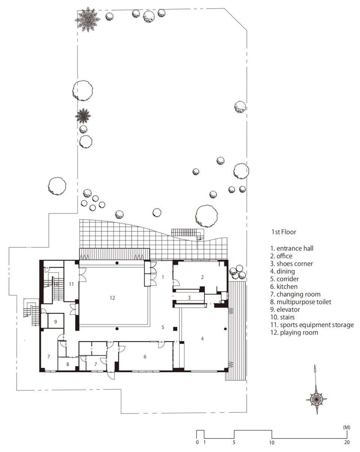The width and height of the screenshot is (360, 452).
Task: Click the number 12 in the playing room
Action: pyautogui.click(x=112, y=298)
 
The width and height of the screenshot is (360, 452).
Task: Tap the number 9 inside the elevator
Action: pyautogui.click(x=55, y=322)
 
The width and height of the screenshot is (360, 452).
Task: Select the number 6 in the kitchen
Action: pyautogui.click(x=145, y=356)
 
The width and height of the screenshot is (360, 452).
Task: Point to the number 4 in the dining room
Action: pyautogui.click(x=202, y=338)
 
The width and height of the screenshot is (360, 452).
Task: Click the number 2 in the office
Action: pyautogui.click(x=202, y=277)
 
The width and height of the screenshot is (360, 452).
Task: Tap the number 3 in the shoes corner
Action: pyautogui.click(x=189, y=298)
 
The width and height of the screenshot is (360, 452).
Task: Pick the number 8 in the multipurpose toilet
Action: pyautogui.click(x=67, y=364)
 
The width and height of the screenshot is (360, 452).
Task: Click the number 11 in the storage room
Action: pyautogui.click(x=71, y=284)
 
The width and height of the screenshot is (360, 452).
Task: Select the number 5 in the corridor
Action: pyautogui.click(x=163, y=327)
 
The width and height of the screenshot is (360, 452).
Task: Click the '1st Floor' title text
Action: pyautogui.click(x=284, y=232)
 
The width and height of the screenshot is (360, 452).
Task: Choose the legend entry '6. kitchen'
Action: pyautogui.click(x=284, y=286)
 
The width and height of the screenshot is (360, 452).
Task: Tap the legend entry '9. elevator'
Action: pyautogui.click(x=285, y=309)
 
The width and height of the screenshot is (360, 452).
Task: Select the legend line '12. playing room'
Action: pyautogui.click(x=294, y=332)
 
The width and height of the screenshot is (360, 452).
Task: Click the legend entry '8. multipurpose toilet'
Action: pyautogui.click(x=301, y=302)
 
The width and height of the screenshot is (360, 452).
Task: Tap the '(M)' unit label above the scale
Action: pyautogui.click(x=346, y=427)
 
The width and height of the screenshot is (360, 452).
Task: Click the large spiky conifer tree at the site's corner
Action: pyautogui.click(x=87, y=19)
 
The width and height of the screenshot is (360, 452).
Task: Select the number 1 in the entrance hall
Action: pyautogui.click(x=163, y=277)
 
